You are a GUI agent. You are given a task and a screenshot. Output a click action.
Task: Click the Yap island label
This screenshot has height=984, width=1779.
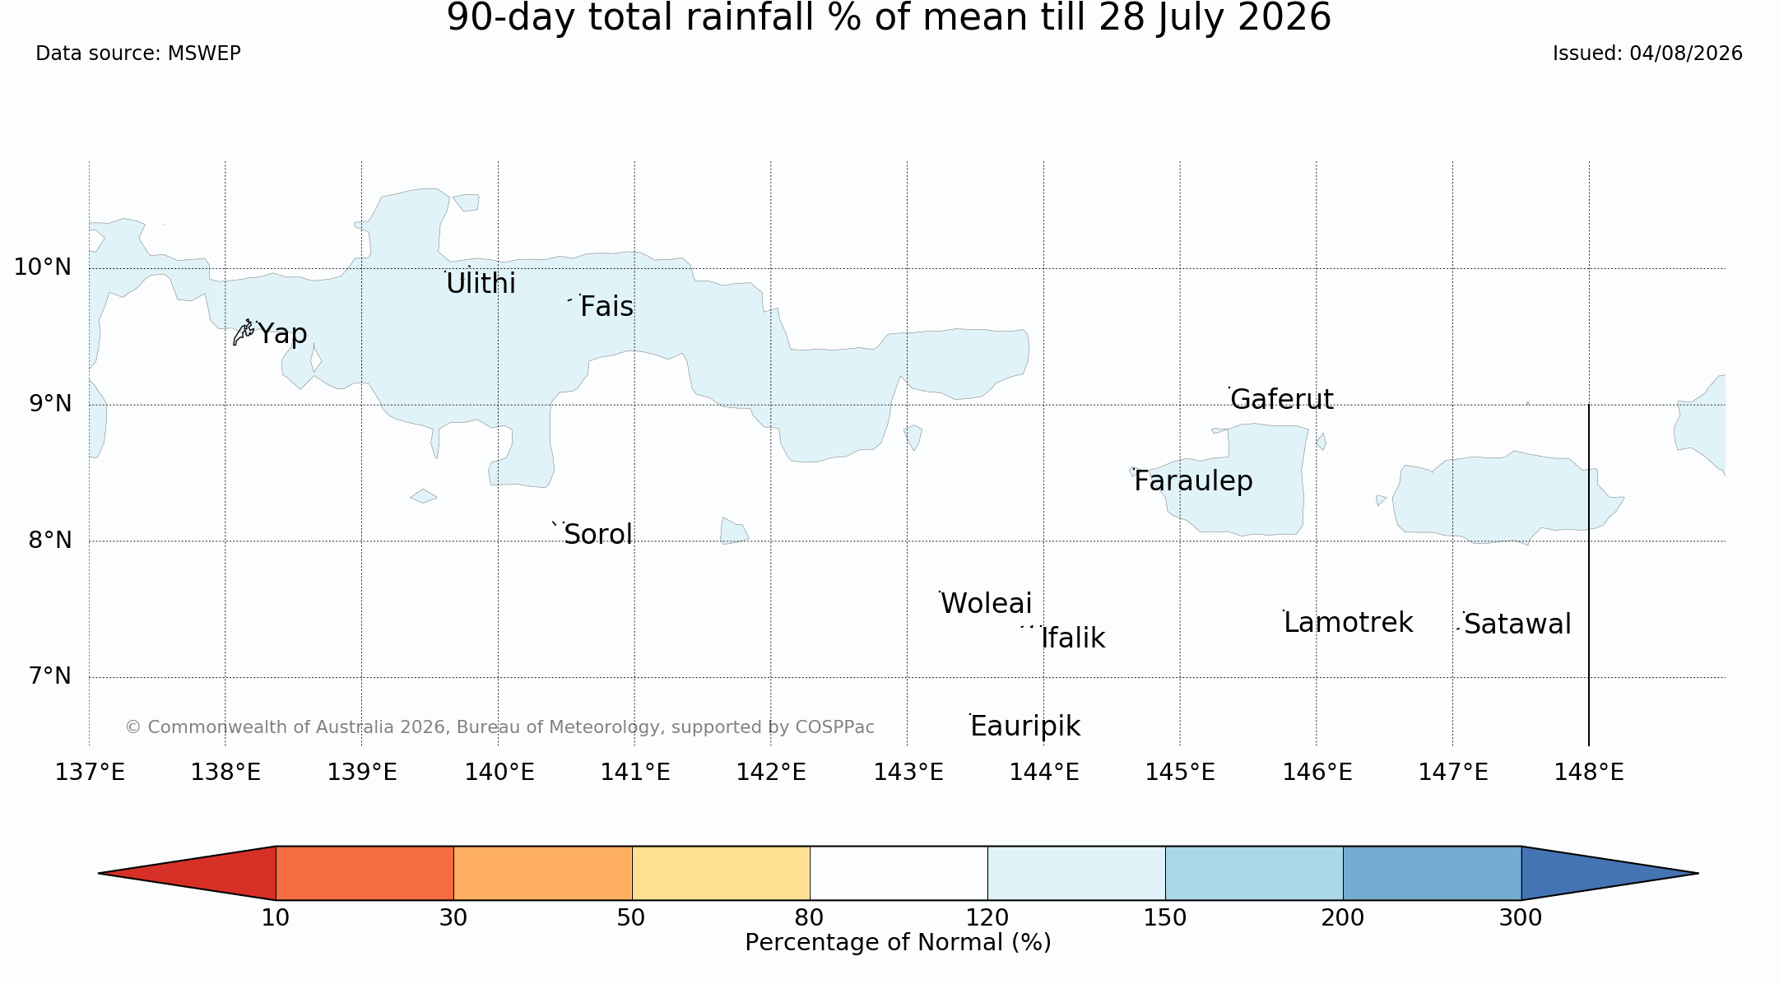click(282, 334)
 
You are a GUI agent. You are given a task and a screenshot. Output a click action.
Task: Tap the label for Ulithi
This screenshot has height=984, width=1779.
click(481, 284)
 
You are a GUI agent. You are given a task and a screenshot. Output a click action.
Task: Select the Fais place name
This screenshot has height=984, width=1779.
click(606, 307)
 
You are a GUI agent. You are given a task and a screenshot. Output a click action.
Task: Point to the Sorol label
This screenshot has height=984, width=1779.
click(598, 535)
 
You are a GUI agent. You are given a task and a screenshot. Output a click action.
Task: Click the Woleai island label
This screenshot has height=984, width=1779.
click(986, 604)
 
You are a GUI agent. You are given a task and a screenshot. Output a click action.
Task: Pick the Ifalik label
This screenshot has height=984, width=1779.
click(1073, 638)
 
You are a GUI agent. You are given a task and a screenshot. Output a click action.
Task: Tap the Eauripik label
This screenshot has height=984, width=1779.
click(1025, 726)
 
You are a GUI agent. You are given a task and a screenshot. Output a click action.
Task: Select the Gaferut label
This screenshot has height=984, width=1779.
click(1282, 399)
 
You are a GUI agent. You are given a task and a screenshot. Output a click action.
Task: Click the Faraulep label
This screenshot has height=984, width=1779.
click(1193, 481)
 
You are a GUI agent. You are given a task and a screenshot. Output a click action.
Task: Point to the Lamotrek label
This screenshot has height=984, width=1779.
click(1348, 623)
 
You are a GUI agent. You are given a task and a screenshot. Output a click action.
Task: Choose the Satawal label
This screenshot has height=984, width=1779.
click(1517, 624)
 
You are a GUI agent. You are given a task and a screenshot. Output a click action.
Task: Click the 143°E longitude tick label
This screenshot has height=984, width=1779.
click(908, 773)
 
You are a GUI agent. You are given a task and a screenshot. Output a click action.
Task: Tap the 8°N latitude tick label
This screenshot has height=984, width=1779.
click(50, 541)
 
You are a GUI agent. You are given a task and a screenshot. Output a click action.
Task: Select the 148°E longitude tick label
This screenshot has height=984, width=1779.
click(1589, 773)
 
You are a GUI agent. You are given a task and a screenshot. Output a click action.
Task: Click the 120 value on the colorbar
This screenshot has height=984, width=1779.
click(987, 917)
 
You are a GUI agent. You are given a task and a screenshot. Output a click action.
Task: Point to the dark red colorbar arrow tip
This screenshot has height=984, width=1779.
click(99, 873)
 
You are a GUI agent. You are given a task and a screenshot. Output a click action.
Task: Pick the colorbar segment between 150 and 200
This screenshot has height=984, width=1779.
click(1254, 873)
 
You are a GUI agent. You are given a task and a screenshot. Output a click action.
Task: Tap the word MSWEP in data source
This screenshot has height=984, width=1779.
click(204, 53)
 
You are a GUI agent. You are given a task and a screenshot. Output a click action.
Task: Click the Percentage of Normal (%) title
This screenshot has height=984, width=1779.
click(898, 943)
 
